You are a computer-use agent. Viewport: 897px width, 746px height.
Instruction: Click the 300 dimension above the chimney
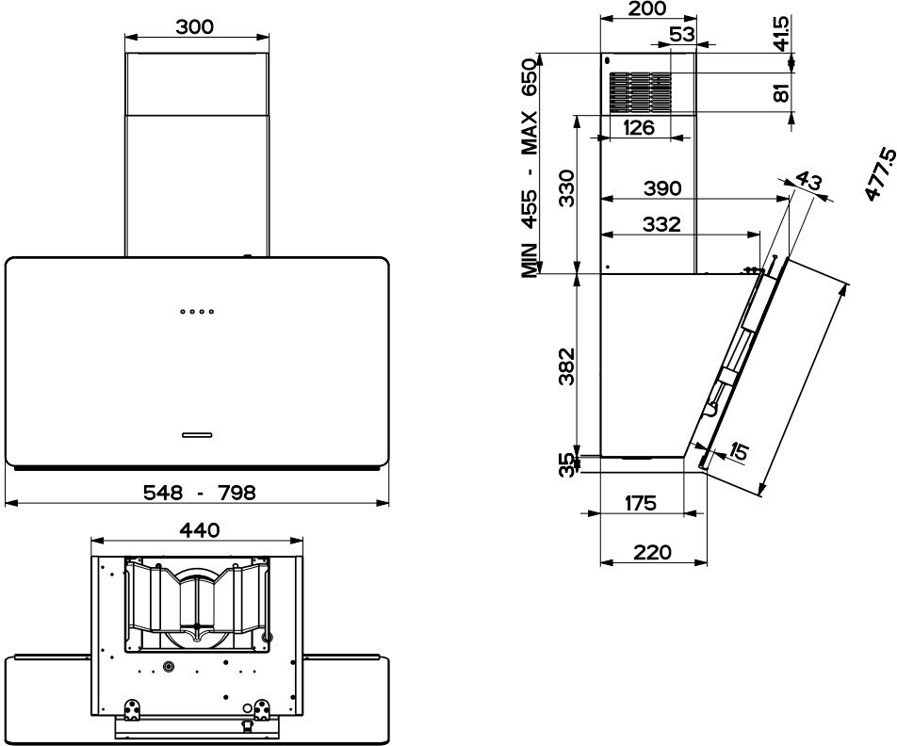(194, 26)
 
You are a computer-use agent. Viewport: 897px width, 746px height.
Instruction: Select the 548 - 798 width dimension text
(199, 492)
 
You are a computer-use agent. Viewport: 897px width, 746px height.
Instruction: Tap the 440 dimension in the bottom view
(199, 530)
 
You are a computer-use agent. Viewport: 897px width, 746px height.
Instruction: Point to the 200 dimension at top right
(647, 8)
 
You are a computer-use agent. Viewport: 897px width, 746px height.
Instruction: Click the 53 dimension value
(682, 34)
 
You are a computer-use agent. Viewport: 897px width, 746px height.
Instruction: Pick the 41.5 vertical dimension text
(780, 33)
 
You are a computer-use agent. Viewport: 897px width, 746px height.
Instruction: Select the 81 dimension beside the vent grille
(781, 91)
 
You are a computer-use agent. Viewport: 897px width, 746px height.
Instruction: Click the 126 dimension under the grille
(638, 127)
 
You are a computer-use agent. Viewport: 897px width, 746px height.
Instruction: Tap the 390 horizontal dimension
(662, 188)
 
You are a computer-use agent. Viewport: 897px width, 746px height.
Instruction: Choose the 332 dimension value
(661, 223)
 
